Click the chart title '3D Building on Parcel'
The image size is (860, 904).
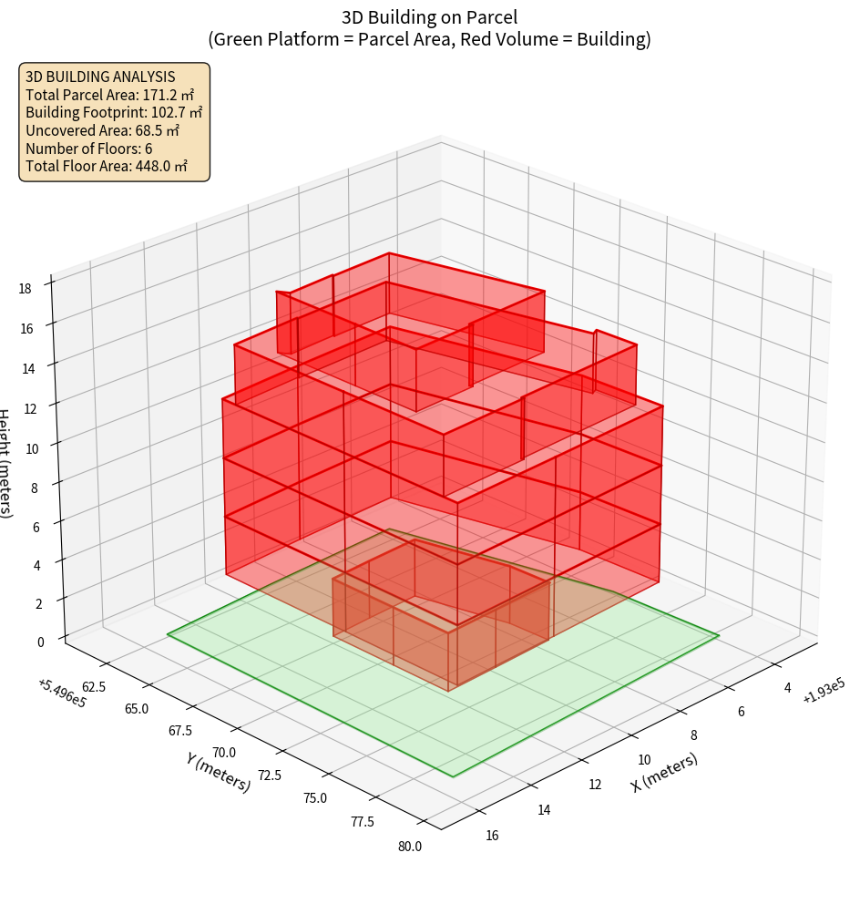point(430,17)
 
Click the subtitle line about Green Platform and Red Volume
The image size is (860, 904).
point(430,40)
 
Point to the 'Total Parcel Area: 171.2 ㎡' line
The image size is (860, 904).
point(110,95)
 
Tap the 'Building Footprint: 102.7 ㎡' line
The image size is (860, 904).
point(114,112)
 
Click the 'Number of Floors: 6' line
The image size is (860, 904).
point(89,149)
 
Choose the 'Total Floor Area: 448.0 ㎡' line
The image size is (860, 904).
point(107,166)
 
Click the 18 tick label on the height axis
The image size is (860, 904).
point(25,289)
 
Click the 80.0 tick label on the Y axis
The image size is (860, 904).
point(409,847)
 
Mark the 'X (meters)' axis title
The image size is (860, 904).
point(665,773)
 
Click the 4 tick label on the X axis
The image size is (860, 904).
point(787,688)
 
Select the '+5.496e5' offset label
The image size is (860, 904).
point(62,694)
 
